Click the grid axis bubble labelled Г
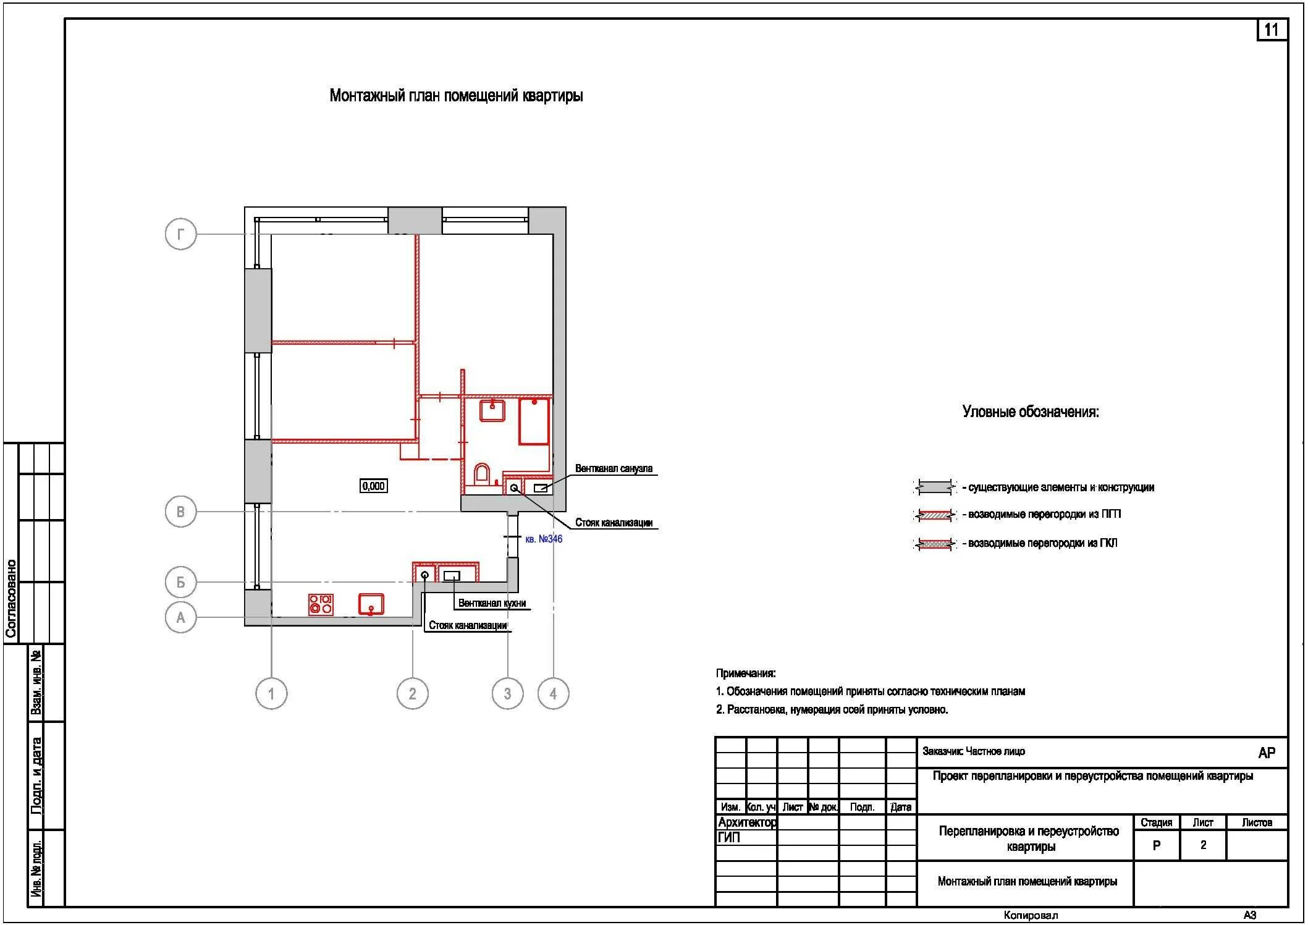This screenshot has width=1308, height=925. point(180,234)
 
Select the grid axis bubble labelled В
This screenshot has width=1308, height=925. point(180,512)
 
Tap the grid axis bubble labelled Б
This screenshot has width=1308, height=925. point(180,582)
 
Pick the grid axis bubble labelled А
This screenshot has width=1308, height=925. point(180,617)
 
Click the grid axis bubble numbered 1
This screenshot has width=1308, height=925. point(271,693)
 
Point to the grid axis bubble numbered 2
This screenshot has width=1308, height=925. point(412,693)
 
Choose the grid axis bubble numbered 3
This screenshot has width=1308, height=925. point(507,693)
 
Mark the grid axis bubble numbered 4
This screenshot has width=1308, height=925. point(553,693)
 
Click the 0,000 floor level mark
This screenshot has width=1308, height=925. point(374,486)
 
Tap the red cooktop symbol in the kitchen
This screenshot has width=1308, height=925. point(321,604)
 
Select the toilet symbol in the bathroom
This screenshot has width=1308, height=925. point(482,474)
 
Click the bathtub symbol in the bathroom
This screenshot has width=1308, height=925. point(534,421)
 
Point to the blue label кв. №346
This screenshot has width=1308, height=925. point(544,539)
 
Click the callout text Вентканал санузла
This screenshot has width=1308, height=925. point(614,468)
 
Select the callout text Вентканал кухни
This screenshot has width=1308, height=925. point(492,603)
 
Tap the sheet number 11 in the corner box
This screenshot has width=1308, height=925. point(1272,30)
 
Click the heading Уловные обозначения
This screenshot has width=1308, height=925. point(1031,412)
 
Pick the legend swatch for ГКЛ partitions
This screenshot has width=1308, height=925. point(934,544)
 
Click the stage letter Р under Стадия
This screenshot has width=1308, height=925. point(1157,845)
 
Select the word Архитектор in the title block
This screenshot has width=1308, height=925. point(747,822)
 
